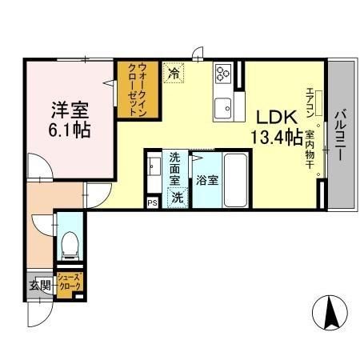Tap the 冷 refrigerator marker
tap(174, 72)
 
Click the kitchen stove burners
tap(222, 74)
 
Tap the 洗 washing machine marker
tap(175, 195)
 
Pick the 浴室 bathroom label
tap(206, 181)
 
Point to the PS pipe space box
tap(152, 203)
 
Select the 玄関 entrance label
tap(40, 285)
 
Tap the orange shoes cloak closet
tap(68, 282)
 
